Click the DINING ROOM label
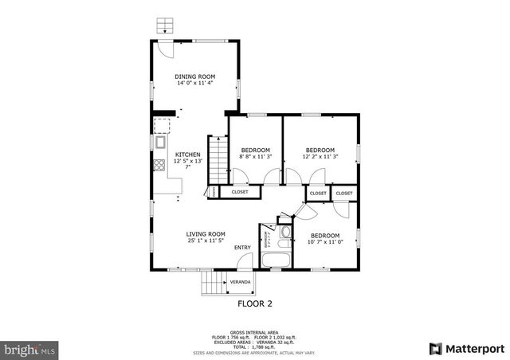[195, 76]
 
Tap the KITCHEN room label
[188, 155]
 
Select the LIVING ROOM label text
[206, 234]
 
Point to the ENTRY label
[242, 248]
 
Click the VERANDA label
[240, 282]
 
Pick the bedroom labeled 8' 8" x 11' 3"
[255, 150]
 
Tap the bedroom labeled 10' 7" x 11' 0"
[325, 236]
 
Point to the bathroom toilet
[285, 233]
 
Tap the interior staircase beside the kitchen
[218, 160]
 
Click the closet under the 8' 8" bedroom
[240, 192]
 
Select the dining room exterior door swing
[164, 48]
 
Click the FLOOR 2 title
[255, 303]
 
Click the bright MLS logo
[29, 349]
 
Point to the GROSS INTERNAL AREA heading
[254, 331]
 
